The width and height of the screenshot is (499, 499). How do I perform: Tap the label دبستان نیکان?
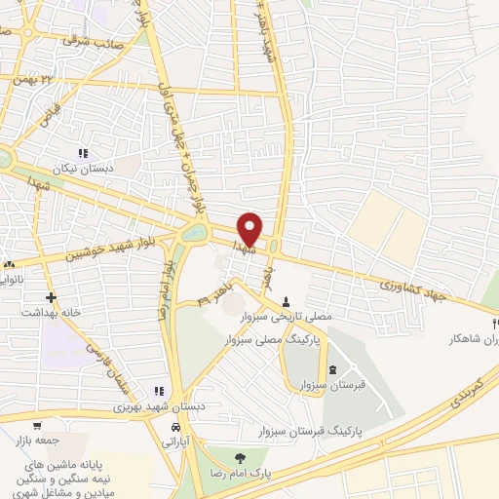tap(83, 168)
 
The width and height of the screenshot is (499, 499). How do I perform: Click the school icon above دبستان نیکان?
tap(83, 153)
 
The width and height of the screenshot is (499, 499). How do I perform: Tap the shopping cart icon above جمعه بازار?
tap(37, 425)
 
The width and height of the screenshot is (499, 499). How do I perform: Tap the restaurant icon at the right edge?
tap(494, 323)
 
